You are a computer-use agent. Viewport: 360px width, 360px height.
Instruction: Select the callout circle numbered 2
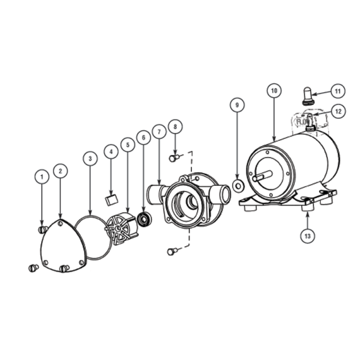click(61, 170)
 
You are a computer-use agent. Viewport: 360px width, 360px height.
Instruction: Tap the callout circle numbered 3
click(90, 158)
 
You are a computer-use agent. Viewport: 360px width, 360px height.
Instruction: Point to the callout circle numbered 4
click(111, 151)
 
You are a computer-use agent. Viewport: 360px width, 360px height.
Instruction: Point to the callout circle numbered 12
click(337, 111)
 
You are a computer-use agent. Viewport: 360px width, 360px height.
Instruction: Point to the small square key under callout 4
click(110, 198)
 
